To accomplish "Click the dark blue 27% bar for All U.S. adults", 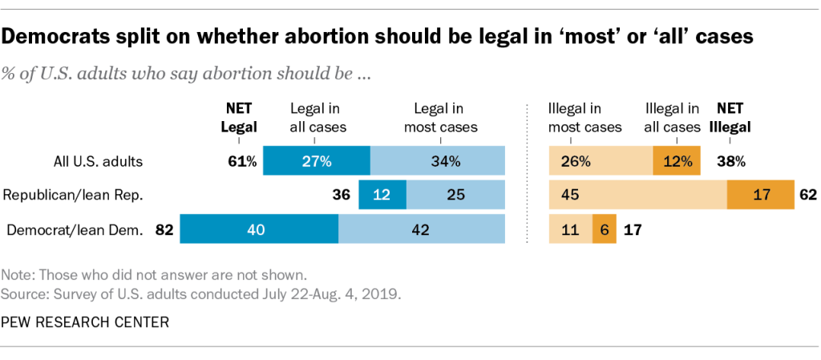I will [x=317, y=160].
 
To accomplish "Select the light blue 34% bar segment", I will [x=438, y=160].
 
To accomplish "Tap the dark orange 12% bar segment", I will [x=677, y=160].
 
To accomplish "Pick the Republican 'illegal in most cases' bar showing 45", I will [x=637, y=195].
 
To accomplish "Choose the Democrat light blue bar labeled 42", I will [x=422, y=229].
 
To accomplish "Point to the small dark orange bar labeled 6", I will [x=604, y=229].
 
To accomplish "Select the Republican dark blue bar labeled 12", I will [x=382, y=195].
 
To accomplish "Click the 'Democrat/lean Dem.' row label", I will [x=75, y=230].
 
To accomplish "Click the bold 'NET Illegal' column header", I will [x=730, y=116].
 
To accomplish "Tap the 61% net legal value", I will [x=241, y=161].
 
